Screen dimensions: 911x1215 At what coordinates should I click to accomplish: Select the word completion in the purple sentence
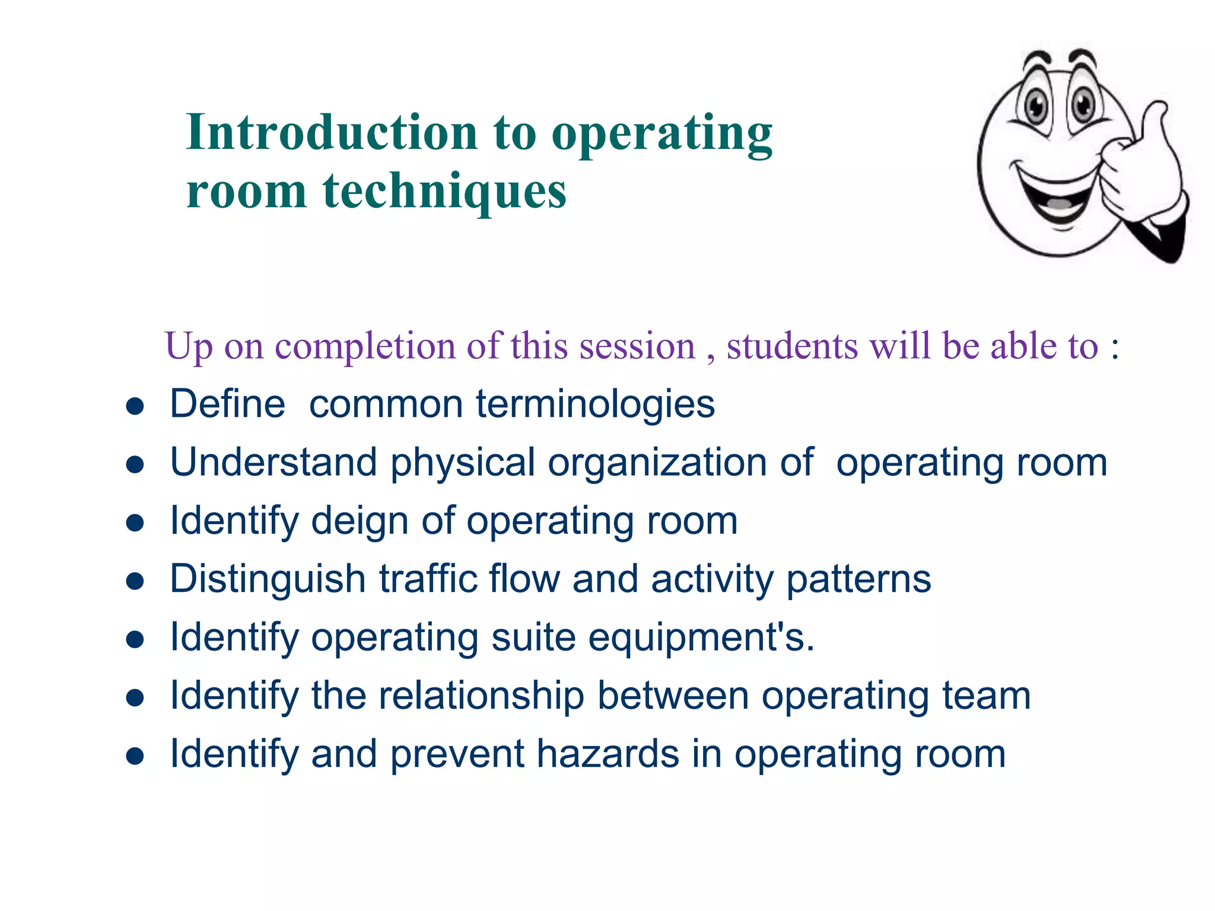click(368, 346)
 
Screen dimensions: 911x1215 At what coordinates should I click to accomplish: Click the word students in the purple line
click(792, 346)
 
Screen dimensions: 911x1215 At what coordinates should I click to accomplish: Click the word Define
click(227, 404)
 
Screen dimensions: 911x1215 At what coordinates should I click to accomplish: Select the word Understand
click(273, 462)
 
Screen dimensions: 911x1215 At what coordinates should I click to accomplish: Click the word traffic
click(428, 578)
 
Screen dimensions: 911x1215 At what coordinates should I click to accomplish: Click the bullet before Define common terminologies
click(135, 407)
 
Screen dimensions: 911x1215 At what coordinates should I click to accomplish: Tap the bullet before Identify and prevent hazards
click(135, 756)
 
